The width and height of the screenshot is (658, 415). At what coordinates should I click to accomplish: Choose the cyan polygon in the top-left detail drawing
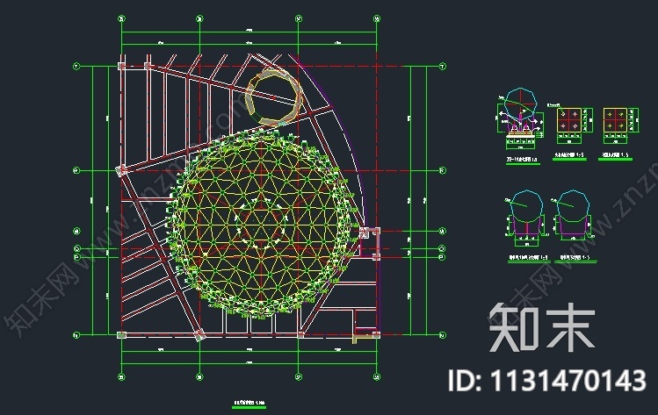point(519,101)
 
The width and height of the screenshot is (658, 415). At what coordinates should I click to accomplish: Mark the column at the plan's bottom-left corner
point(119,334)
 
